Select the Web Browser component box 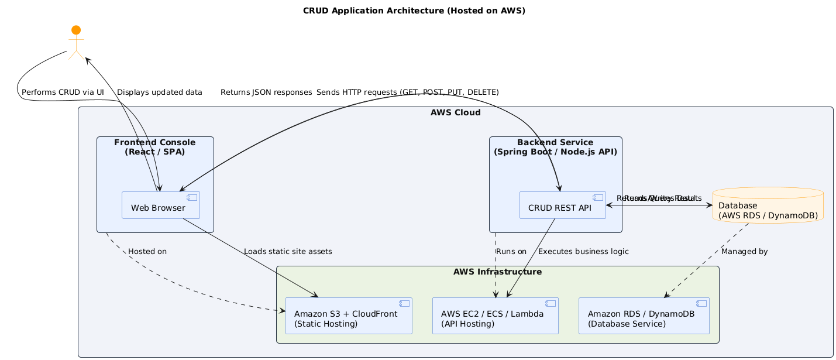(161, 205)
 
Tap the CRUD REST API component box (562, 205)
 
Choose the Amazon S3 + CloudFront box (349, 316)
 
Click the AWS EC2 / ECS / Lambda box (495, 316)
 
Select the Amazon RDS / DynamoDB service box (644, 316)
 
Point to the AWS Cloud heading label (455, 113)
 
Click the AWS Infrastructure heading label (497, 272)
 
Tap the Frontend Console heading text (155, 147)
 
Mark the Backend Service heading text (555, 147)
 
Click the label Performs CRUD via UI (63, 92)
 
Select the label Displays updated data (160, 92)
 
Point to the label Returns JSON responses (266, 92)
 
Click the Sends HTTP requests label (407, 92)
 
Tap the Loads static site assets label (288, 252)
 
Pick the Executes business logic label (583, 252)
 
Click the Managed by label (744, 252)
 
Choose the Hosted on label (147, 252)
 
